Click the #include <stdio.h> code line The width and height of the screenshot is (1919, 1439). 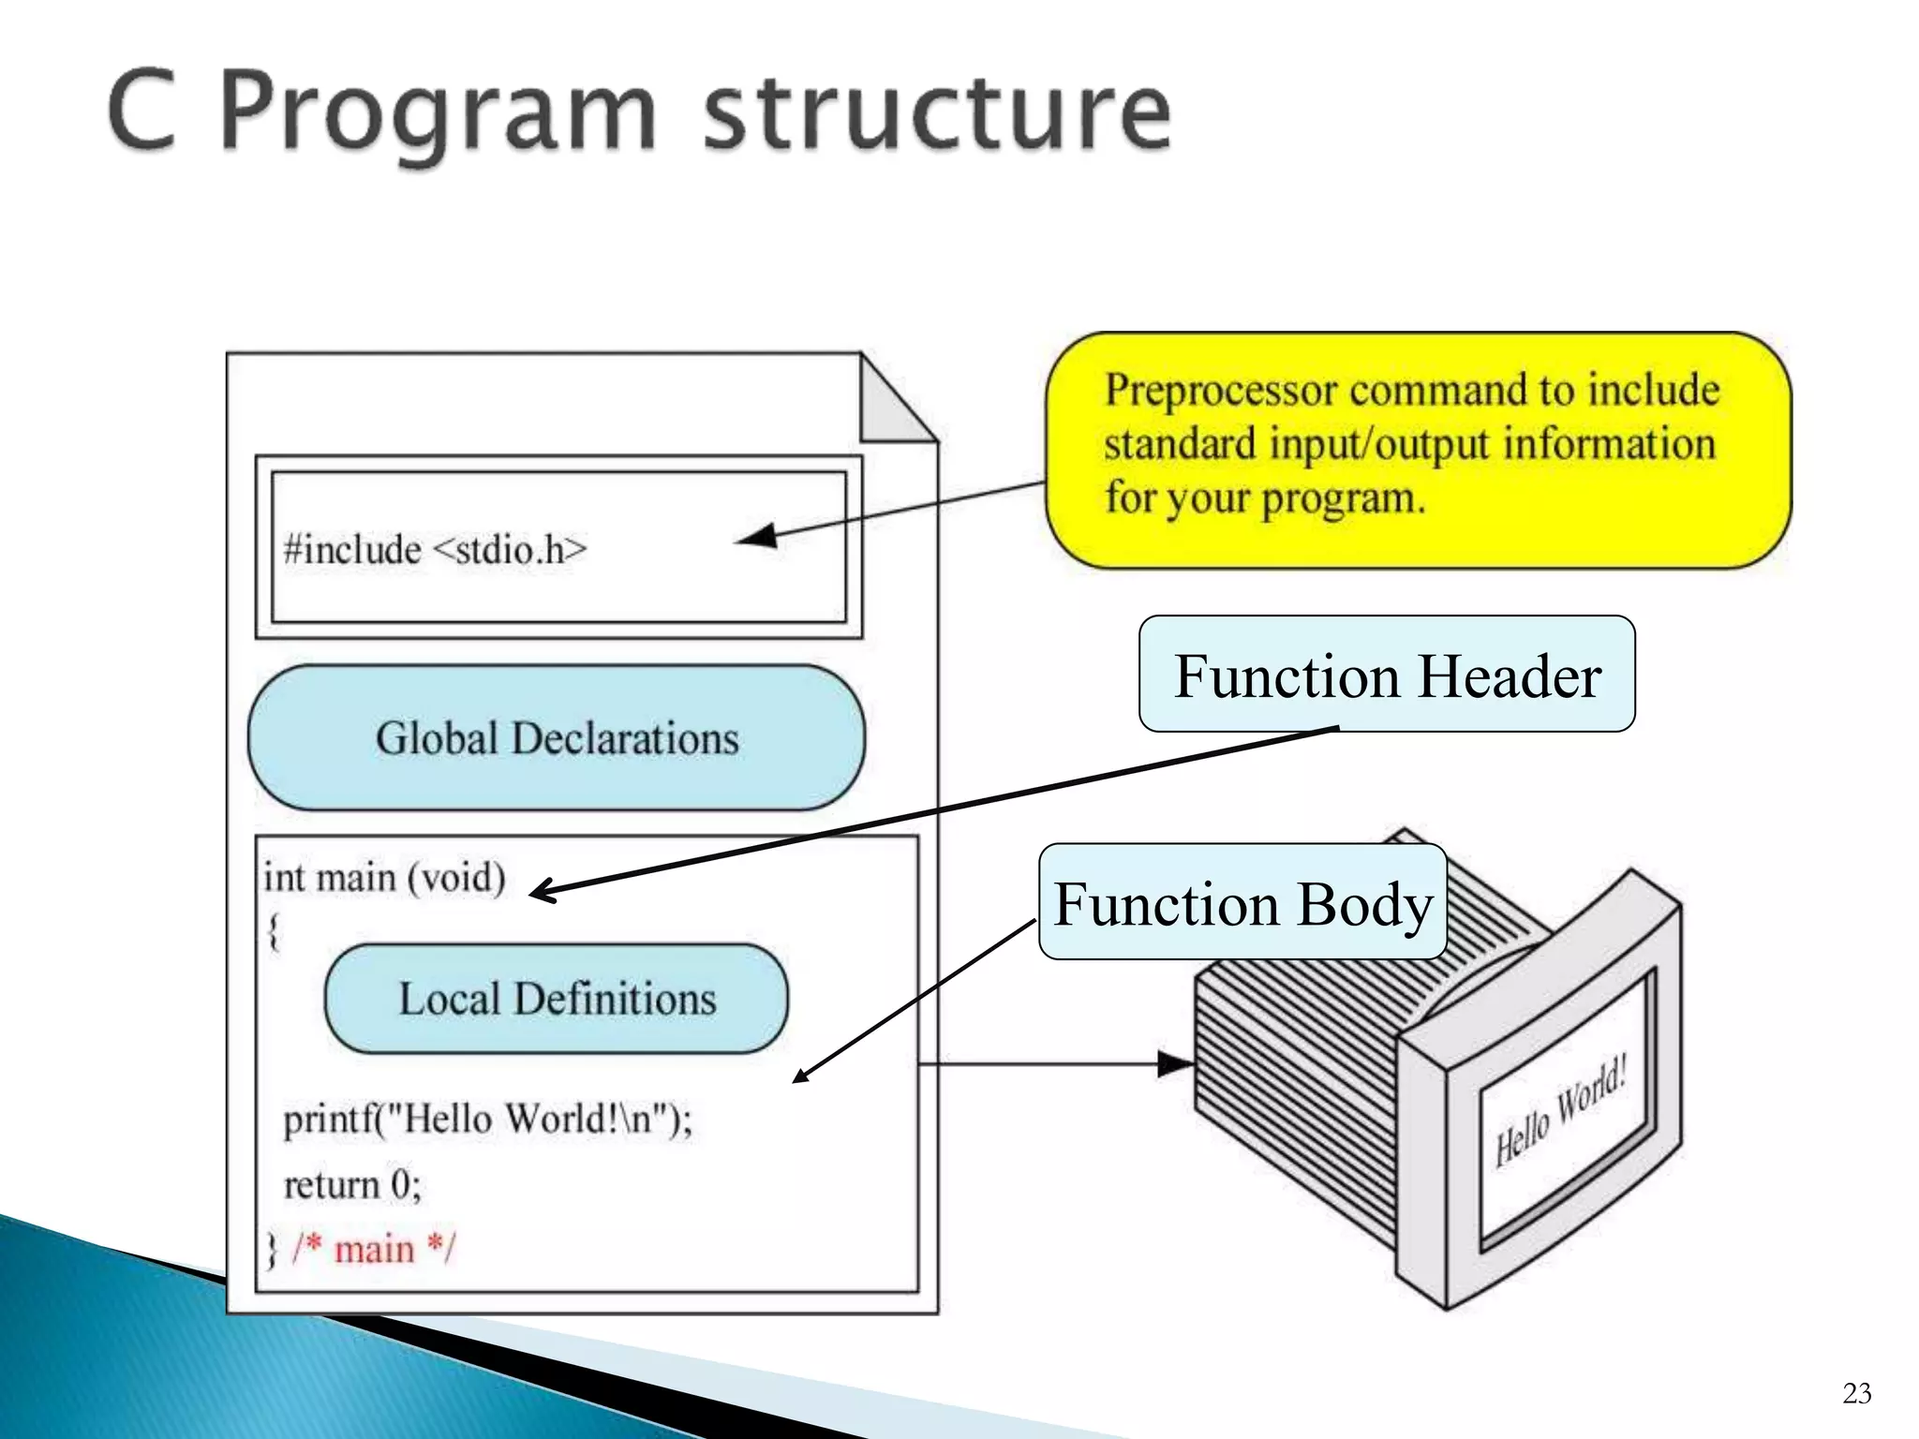pyautogui.click(x=435, y=549)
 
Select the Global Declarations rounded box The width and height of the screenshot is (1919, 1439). pyautogui.click(x=557, y=738)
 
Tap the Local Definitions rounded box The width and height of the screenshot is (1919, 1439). pyautogui.click(x=557, y=999)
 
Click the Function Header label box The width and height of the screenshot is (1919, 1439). pyautogui.click(x=1387, y=675)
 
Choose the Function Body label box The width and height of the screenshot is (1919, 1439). pyautogui.click(x=1242, y=903)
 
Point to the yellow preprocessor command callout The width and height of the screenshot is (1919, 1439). pyautogui.click(x=1417, y=450)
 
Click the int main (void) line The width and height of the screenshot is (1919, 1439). pyautogui.click(x=384, y=878)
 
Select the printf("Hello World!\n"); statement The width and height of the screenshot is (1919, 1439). pyautogui.click(x=487, y=1119)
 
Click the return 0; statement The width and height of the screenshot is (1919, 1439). pyautogui.click(x=352, y=1184)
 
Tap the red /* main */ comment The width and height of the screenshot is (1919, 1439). pyautogui.click(x=373, y=1249)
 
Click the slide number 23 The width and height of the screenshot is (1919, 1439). pyautogui.click(x=1856, y=1393)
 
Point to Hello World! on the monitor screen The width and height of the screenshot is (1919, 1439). pyautogui.click(x=1560, y=1111)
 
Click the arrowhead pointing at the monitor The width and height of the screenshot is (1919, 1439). pyautogui.click(x=1176, y=1063)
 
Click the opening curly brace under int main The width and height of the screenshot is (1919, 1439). pyautogui.click(x=274, y=931)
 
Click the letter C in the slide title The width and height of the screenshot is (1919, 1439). pyautogui.click(x=142, y=112)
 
